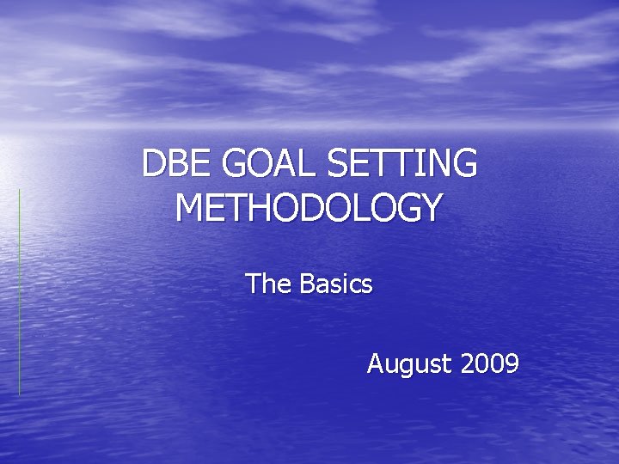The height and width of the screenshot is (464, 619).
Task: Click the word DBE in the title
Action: tap(171, 164)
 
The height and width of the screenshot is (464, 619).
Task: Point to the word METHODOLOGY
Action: tap(309, 209)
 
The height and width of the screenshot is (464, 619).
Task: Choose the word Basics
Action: tap(336, 284)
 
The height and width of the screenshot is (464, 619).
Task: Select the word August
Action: tap(409, 364)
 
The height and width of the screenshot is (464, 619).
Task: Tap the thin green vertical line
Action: tap(19, 292)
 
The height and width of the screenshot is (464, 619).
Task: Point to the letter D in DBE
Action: tap(153, 164)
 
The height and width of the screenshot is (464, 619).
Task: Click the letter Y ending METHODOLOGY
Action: tap(431, 209)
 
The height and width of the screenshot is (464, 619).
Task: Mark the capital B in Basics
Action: tap(307, 284)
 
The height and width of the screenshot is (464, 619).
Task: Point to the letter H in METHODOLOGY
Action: tap(265, 209)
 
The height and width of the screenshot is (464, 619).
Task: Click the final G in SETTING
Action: tap(463, 164)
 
